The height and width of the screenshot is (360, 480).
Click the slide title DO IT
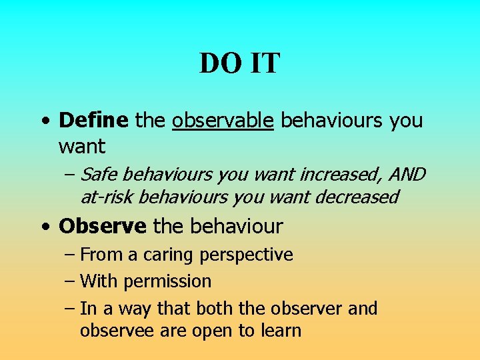click(240, 64)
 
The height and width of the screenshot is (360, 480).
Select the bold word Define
click(93, 121)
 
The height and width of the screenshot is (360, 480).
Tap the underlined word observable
click(223, 121)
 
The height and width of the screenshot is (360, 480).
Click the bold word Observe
click(103, 227)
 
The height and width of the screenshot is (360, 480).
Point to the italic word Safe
click(100, 175)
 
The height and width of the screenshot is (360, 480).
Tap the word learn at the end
click(280, 330)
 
